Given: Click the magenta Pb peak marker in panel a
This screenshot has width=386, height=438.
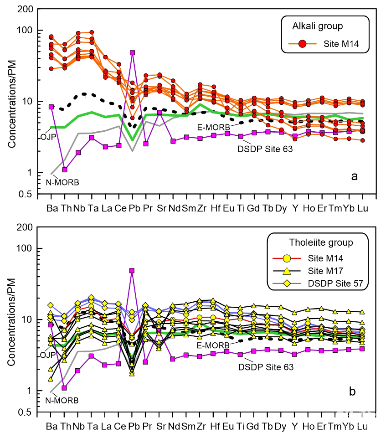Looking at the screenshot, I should click(133, 52).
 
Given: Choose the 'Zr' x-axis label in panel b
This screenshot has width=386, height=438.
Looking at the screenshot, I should click(200, 426).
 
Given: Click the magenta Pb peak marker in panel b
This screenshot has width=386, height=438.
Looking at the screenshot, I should click(132, 271).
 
